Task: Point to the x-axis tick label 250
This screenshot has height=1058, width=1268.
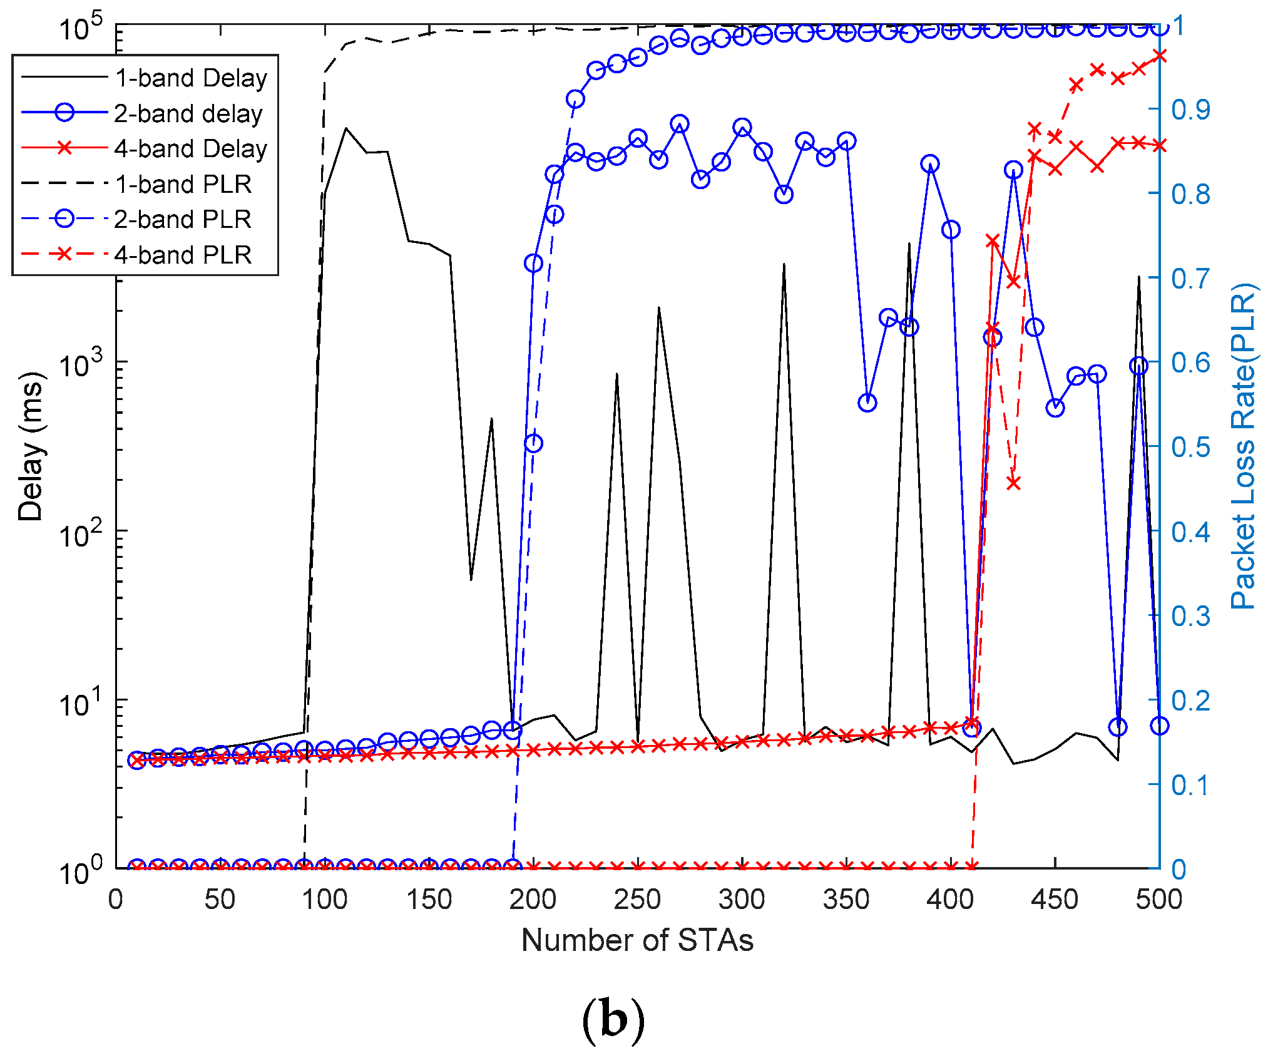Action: (x=637, y=900)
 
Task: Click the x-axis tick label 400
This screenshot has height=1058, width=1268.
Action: (x=950, y=900)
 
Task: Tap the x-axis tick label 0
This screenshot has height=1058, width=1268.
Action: (x=116, y=900)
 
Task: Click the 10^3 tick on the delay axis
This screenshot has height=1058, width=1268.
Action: (x=80, y=363)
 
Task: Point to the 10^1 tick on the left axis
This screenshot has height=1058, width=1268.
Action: (x=80, y=701)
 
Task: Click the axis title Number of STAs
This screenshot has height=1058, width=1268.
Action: (x=637, y=940)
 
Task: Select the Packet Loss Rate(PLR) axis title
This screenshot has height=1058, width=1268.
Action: (x=1243, y=446)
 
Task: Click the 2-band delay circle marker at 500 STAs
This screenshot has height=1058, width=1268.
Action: (x=1160, y=726)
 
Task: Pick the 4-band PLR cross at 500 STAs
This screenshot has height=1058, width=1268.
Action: (x=1160, y=56)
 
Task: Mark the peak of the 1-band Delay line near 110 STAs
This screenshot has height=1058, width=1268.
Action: (x=346, y=128)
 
